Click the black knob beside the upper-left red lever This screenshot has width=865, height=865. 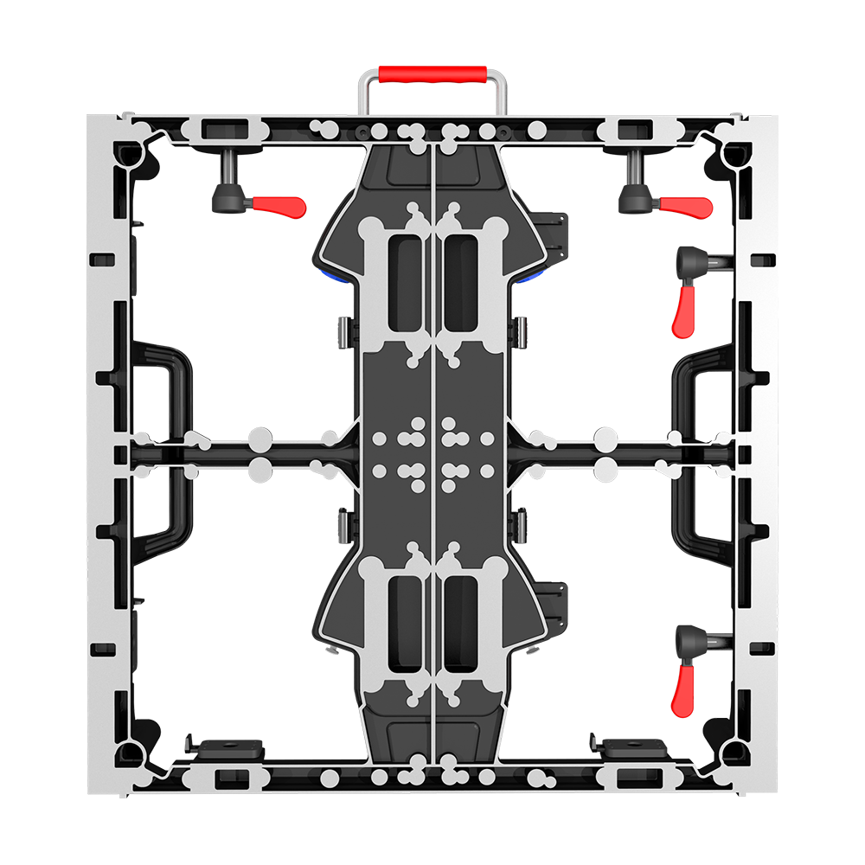coord(232,197)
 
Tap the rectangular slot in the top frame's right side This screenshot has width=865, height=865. coord(636,130)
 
